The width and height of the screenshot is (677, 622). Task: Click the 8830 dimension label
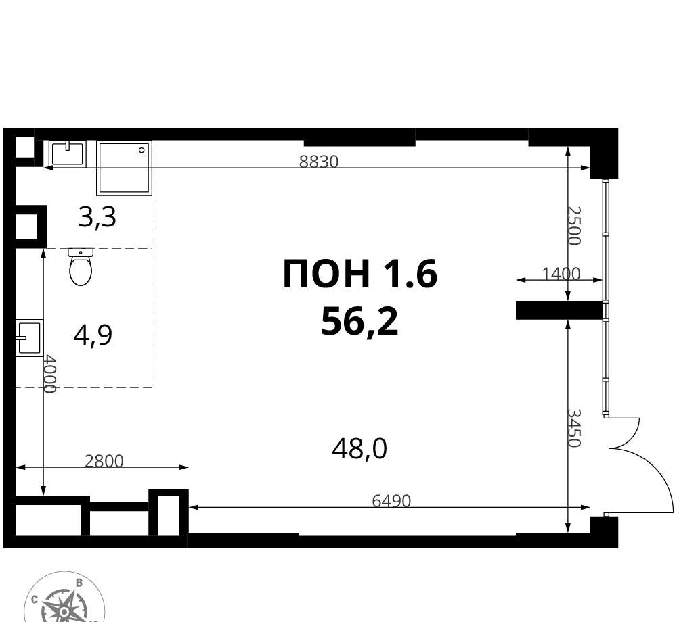click(319, 162)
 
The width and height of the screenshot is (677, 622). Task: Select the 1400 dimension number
click(561, 273)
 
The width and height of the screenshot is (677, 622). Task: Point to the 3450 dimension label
click(575, 428)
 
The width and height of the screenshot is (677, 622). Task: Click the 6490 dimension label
click(391, 501)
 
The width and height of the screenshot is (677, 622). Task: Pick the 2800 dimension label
click(104, 461)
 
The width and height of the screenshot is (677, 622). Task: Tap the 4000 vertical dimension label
click(51, 374)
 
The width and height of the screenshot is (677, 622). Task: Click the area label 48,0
click(359, 449)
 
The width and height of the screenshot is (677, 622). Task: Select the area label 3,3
click(97, 217)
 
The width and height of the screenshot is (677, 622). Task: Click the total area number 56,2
click(359, 322)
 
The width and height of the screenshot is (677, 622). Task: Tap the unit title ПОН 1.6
click(360, 273)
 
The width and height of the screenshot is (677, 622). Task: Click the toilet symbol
click(81, 267)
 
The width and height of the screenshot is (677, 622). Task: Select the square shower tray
click(125, 168)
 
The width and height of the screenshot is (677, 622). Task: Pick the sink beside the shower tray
click(67, 153)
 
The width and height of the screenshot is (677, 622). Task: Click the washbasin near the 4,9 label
click(29, 338)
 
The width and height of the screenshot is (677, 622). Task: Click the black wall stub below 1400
click(559, 310)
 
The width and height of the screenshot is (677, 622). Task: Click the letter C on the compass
click(34, 598)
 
